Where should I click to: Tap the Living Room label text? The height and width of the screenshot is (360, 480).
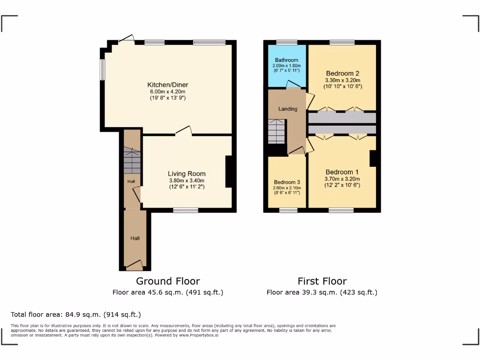187,174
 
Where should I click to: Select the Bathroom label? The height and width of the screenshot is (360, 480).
286,60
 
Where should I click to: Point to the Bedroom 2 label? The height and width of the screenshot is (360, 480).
343,74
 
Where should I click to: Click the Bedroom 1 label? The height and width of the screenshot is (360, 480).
342,172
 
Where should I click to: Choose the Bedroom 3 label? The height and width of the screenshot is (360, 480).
286,182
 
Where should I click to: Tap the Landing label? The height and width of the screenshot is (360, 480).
288,109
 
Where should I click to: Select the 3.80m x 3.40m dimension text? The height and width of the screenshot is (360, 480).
187,180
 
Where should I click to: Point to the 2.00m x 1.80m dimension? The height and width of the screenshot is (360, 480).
286,66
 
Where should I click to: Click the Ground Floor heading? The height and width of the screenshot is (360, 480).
168,281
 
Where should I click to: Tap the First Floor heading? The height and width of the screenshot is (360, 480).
322,281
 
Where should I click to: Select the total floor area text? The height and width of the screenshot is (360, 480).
75,315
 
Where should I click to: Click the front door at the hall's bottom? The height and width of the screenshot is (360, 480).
135,267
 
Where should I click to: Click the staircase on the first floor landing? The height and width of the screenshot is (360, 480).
277,132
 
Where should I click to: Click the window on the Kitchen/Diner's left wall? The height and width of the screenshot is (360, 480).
102,69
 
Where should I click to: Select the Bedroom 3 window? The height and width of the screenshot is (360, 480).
288,210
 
